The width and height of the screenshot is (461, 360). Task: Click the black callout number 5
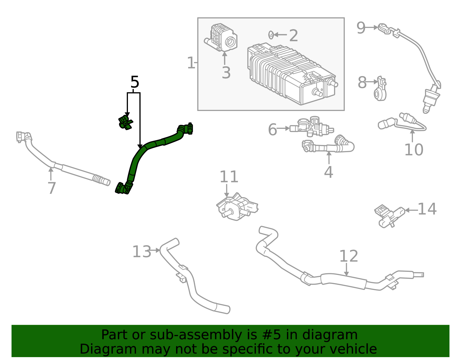[135, 82]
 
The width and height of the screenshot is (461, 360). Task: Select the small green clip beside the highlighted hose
[126, 122]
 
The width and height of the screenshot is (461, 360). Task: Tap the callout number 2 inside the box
[293, 36]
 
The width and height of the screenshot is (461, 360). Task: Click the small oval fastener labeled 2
[271, 35]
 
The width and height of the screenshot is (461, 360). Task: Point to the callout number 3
[226, 73]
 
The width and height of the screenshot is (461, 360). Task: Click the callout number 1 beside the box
[191, 63]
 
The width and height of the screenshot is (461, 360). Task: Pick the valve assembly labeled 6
[313, 127]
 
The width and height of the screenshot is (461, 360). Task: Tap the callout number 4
[328, 172]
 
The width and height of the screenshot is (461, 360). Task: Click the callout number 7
[51, 188]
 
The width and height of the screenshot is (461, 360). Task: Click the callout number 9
[361, 28]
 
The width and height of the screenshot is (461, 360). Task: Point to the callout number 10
[414, 150]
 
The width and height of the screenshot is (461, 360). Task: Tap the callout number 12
[348, 256]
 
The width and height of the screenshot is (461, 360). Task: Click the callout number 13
[141, 252]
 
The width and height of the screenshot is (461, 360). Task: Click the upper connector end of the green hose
[187, 129]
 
